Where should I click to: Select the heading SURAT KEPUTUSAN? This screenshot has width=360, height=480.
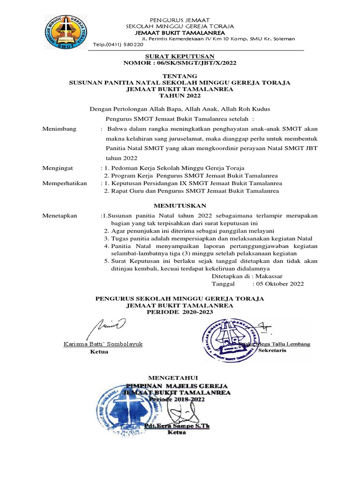180,55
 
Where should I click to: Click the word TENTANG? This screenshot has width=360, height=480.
180,75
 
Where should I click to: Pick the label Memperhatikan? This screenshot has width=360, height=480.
65,183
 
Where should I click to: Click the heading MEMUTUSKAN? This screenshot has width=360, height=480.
180,205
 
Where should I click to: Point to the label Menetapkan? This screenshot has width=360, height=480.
60,216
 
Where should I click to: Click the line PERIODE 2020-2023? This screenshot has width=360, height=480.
180,312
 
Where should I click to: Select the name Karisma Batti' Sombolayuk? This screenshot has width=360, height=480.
103,344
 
